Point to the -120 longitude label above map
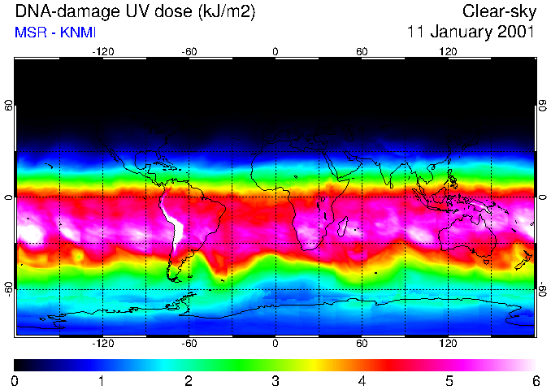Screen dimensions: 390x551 (102, 51)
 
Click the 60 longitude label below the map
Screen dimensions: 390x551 (362, 344)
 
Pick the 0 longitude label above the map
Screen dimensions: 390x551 (275, 51)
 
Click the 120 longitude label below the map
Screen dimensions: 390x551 (448, 344)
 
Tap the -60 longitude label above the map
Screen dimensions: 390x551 (189, 51)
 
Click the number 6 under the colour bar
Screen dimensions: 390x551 (536, 380)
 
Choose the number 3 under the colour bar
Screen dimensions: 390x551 (275, 380)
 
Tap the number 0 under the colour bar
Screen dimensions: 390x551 (15, 380)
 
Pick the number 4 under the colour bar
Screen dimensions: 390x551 (362, 380)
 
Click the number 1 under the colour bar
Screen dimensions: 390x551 (102, 380)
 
